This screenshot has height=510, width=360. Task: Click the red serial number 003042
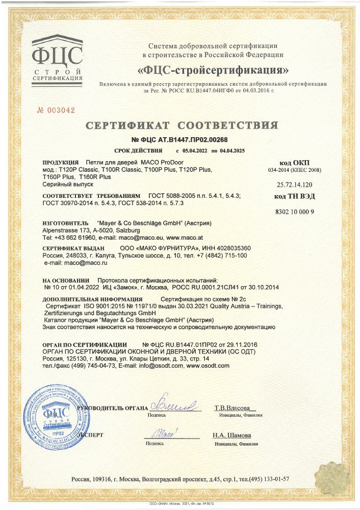tap(57, 110)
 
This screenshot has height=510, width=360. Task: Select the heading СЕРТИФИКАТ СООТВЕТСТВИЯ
tap(182, 125)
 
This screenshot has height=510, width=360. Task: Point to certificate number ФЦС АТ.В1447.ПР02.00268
tap(179, 140)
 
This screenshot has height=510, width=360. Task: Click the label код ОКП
tap(295, 162)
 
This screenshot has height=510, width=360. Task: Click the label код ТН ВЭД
tap(295, 196)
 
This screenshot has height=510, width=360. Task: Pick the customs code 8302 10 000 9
tap(295, 212)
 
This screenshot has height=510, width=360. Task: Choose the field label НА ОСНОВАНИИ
tap(66, 280)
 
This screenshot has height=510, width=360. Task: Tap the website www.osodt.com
tap(209, 366)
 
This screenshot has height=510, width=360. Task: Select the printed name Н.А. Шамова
tap(232, 436)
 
